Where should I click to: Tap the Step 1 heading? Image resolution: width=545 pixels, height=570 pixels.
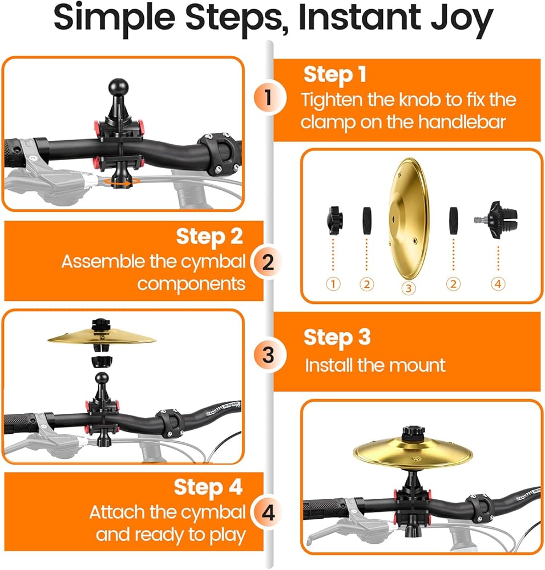334,75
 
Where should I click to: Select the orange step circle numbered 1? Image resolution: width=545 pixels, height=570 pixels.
268,97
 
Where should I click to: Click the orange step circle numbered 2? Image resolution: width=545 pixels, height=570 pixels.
268,262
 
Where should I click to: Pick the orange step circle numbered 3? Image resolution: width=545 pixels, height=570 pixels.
268,355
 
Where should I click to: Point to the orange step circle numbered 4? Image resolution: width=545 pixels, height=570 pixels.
268,514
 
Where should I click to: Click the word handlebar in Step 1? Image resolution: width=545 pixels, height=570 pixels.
462,122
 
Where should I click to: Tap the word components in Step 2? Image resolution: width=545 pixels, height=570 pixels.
191,284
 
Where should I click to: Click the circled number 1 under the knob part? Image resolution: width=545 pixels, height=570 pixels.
333,283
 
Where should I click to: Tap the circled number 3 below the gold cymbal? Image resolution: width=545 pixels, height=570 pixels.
409,288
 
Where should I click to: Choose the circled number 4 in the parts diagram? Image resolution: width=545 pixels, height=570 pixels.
498,283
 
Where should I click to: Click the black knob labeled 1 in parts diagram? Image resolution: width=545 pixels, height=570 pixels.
334,220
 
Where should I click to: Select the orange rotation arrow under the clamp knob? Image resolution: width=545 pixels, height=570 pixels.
120,182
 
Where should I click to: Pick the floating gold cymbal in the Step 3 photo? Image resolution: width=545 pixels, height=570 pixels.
102,337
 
